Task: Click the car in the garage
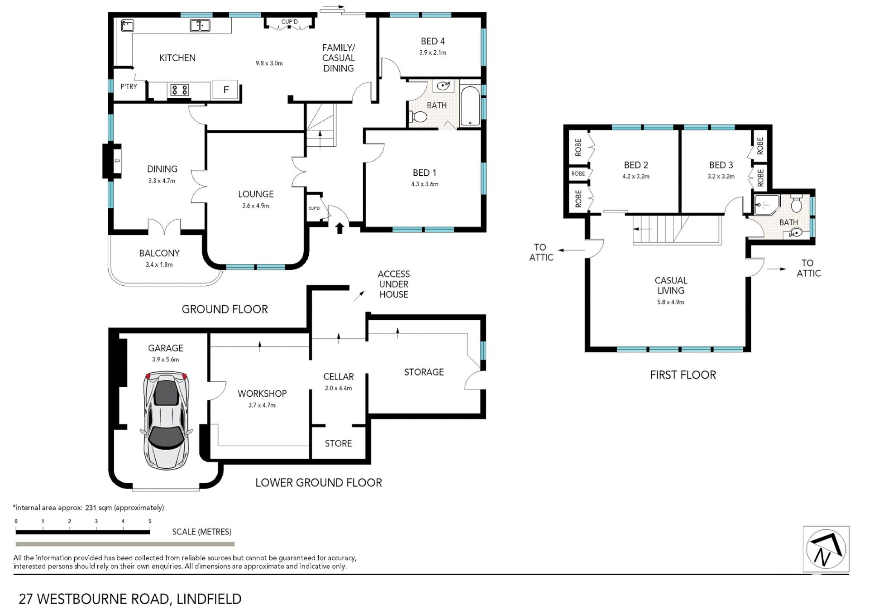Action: (166, 420)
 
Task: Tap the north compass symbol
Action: (826, 549)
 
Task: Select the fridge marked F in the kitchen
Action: (226, 90)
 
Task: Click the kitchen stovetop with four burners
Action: (179, 90)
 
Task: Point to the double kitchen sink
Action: (200, 25)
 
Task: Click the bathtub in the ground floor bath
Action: (470, 106)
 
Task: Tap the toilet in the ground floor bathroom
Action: (418, 117)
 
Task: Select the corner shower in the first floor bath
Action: (767, 205)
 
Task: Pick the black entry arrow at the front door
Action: (339, 228)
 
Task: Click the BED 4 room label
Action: (433, 41)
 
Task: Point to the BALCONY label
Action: (159, 253)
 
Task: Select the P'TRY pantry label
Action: (129, 86)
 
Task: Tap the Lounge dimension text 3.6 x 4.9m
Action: (256, 206)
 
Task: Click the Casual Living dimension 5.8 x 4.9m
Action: (671, 302)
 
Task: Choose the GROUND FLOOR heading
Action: (225, 309)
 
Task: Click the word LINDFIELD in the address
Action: (209, 599)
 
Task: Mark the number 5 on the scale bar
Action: (150, 521)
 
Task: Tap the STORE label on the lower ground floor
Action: (338, 443)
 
